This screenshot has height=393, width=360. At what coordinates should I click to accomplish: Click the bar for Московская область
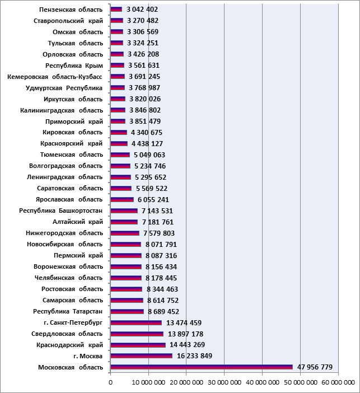coord(202,367)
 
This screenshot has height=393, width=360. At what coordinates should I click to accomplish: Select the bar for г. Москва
coord(142,356)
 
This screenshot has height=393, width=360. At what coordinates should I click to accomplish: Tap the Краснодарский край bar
coord(138,345)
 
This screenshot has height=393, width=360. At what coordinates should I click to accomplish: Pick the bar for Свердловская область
coord(137,334)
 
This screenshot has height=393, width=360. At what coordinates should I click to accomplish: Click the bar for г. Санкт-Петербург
coord(136,322)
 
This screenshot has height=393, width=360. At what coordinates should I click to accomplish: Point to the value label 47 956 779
coord(315,367)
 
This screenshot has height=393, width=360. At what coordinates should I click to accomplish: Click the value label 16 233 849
coord(194,356)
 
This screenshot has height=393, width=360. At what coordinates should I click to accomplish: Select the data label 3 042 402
coord(142,10)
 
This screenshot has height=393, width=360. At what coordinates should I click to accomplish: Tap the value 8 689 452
coord(163,311)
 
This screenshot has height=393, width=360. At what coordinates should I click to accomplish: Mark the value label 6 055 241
coord(153,200)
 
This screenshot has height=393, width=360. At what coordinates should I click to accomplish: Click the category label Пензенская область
coord(71,10)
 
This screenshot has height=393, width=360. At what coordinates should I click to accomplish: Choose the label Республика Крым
coord(74,65)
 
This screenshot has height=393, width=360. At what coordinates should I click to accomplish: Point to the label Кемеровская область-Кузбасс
coord(55,77)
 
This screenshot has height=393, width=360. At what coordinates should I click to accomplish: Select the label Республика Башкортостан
coord(61,211)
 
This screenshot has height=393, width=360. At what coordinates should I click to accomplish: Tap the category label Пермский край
coord(78,255)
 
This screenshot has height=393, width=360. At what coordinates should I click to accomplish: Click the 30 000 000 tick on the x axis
coord(225,382)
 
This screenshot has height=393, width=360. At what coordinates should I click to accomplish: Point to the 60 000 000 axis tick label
coord(338,382)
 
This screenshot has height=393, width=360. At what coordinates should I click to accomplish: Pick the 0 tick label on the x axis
coord(110,382)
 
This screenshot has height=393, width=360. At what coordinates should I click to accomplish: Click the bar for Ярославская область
coord(122,199)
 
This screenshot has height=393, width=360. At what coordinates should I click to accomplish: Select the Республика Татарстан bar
coord(127,311)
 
